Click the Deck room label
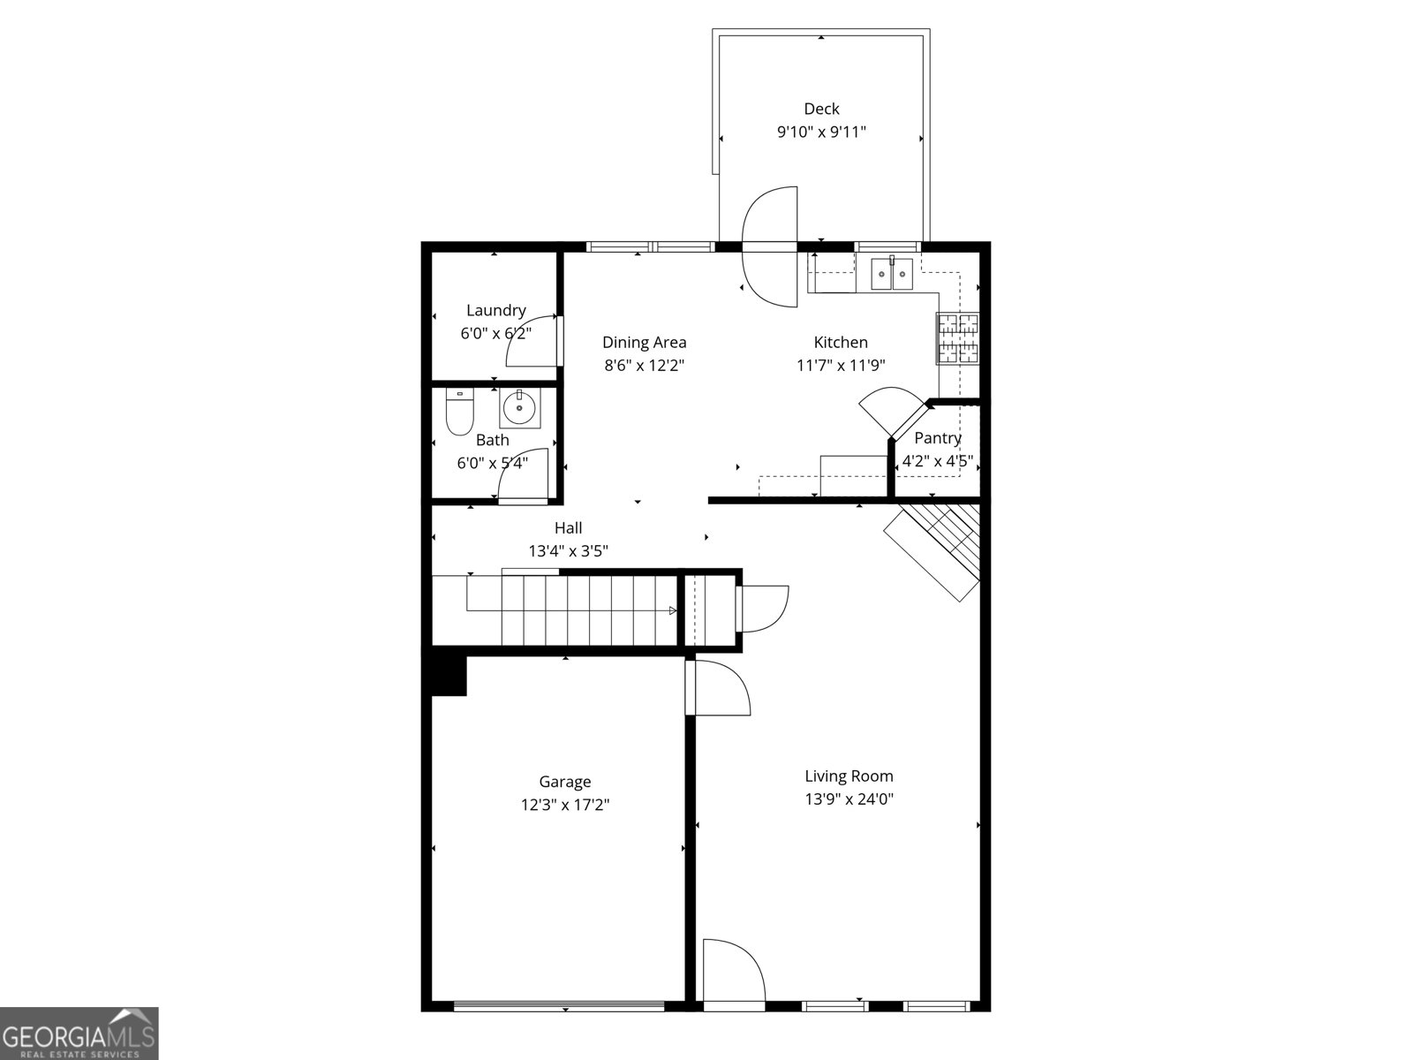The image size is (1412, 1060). click(821, 109)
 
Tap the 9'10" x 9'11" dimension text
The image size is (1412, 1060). click(821, 132)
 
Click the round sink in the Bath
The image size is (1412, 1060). click(519, 407)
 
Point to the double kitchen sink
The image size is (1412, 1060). click(892, 273)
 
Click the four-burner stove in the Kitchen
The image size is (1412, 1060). click(958, 339)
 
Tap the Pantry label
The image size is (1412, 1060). click(937, 438)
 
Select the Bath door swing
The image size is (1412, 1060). click(524, 477)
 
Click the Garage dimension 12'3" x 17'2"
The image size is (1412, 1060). click(565, 805)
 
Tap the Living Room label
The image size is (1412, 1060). click(849, 776)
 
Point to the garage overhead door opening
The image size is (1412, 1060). click(558, 1006)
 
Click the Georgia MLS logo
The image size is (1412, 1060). click(79, 1033)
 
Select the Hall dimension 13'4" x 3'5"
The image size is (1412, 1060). click(568, 551)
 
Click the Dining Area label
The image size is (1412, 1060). click(644, 343)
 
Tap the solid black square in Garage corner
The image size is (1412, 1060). click(448, 675)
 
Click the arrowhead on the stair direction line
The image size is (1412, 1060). click(673, 610)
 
